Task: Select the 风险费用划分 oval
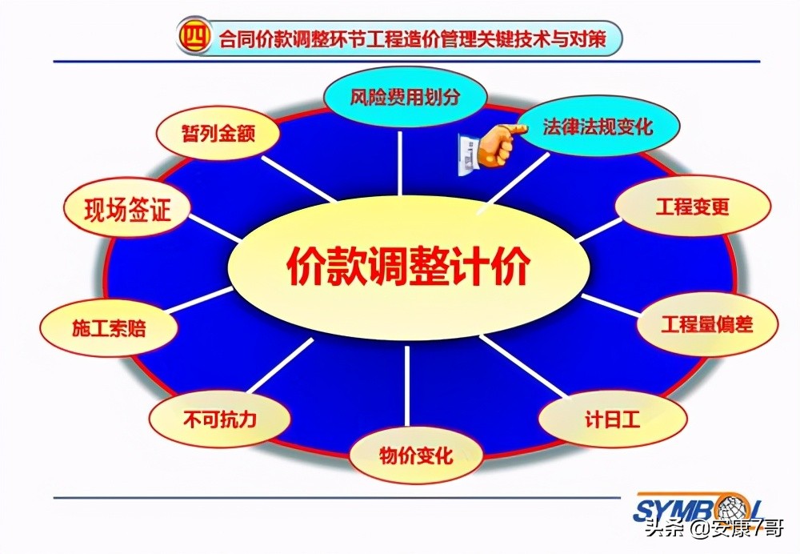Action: pyautogui.click(x=406, y=97)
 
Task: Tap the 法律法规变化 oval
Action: pyautogui.click(x=598, y=126)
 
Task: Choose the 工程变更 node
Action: pyautogui.click(x=693, y=207)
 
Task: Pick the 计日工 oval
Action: pyautogui.click(x=612, y=418)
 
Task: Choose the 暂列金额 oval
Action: pyautogui.click(x=218, y=133)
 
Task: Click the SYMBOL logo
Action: pyautogui.click(x=696, y=508)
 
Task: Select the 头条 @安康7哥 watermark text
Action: pyautogui.click(x=715, y=531)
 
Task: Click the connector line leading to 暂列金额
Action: pyautogui.click(x=296, y=177)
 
